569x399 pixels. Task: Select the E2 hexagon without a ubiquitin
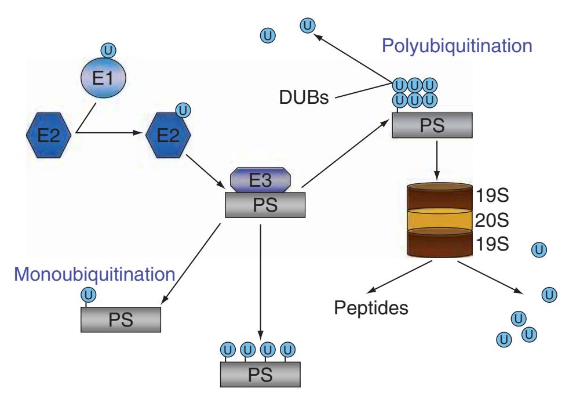click(49, 137)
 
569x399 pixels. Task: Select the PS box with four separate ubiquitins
click(260, 374)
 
